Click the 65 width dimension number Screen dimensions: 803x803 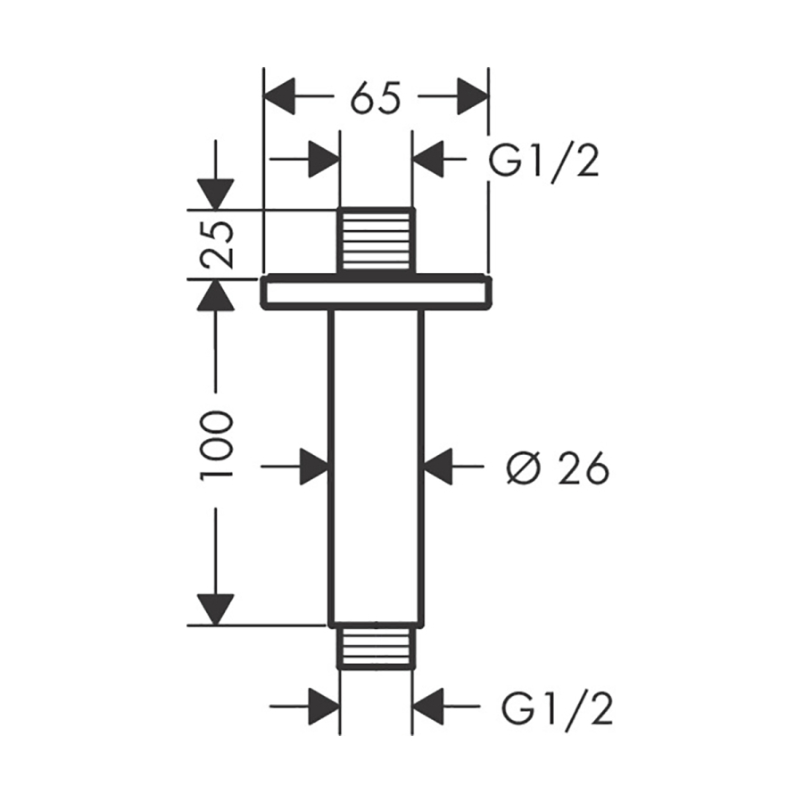pyautogui.click(x=375, y=98)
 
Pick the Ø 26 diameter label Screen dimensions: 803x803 pyautogui.click(x=557, y=467)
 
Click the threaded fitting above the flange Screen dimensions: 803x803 pyautogui.click(x=376, y=240)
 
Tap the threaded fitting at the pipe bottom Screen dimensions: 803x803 pyautogui.click(x=376, y=646)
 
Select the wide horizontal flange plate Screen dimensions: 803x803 pyautogui.click(x=376, y=293)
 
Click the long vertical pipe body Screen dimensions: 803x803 pyautogui.click(x=376, y=464)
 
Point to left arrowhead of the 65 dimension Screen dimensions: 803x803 pyautogui.click(x=281, y=96)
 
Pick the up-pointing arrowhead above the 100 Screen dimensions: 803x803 pyautogui.click(x=216, y=295)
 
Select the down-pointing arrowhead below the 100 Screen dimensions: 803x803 pyautogui.click(x=216, y=609)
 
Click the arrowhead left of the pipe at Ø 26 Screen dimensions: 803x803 pyautogui.click(x=313, y=466)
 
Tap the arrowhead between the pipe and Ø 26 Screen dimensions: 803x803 pyautogui.click(x=440, y=466)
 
